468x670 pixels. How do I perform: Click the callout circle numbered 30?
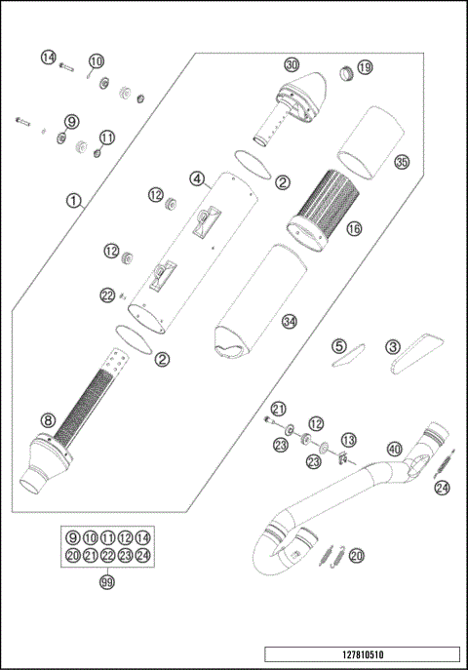tap(292, 64)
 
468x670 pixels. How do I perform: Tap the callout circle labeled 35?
tap(401, 162)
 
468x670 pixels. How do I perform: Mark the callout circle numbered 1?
tap(72, 202)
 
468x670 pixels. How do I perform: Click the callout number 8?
tap(47, 420)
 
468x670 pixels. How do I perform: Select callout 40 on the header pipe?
tap(394, 449)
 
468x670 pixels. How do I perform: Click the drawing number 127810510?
tap(361, 654)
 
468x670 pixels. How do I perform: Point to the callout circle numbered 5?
tap(338, 346)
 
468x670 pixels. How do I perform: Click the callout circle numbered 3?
tap(392, 346)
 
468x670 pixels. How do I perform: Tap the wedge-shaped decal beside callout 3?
tap(413, 349)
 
